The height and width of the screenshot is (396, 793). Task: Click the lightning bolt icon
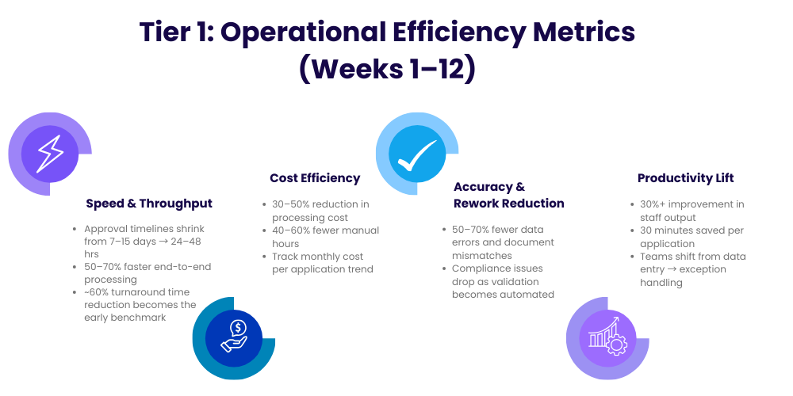[x=50, y=154]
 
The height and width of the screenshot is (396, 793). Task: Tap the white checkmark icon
[x=417, y=154]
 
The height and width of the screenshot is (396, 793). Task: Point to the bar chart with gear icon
[x=607, y=337]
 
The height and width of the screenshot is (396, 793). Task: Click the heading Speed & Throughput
[x=149, y=204]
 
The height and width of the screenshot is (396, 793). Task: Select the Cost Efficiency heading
[x=315, y=177]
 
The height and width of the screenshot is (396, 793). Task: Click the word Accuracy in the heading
[x=483, y=187]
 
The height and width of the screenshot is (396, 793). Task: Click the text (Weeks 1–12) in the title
[x=388, y=69]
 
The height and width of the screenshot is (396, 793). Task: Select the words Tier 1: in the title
[x=176, y=32]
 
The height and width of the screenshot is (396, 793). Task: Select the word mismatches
[x=482, y=256]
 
